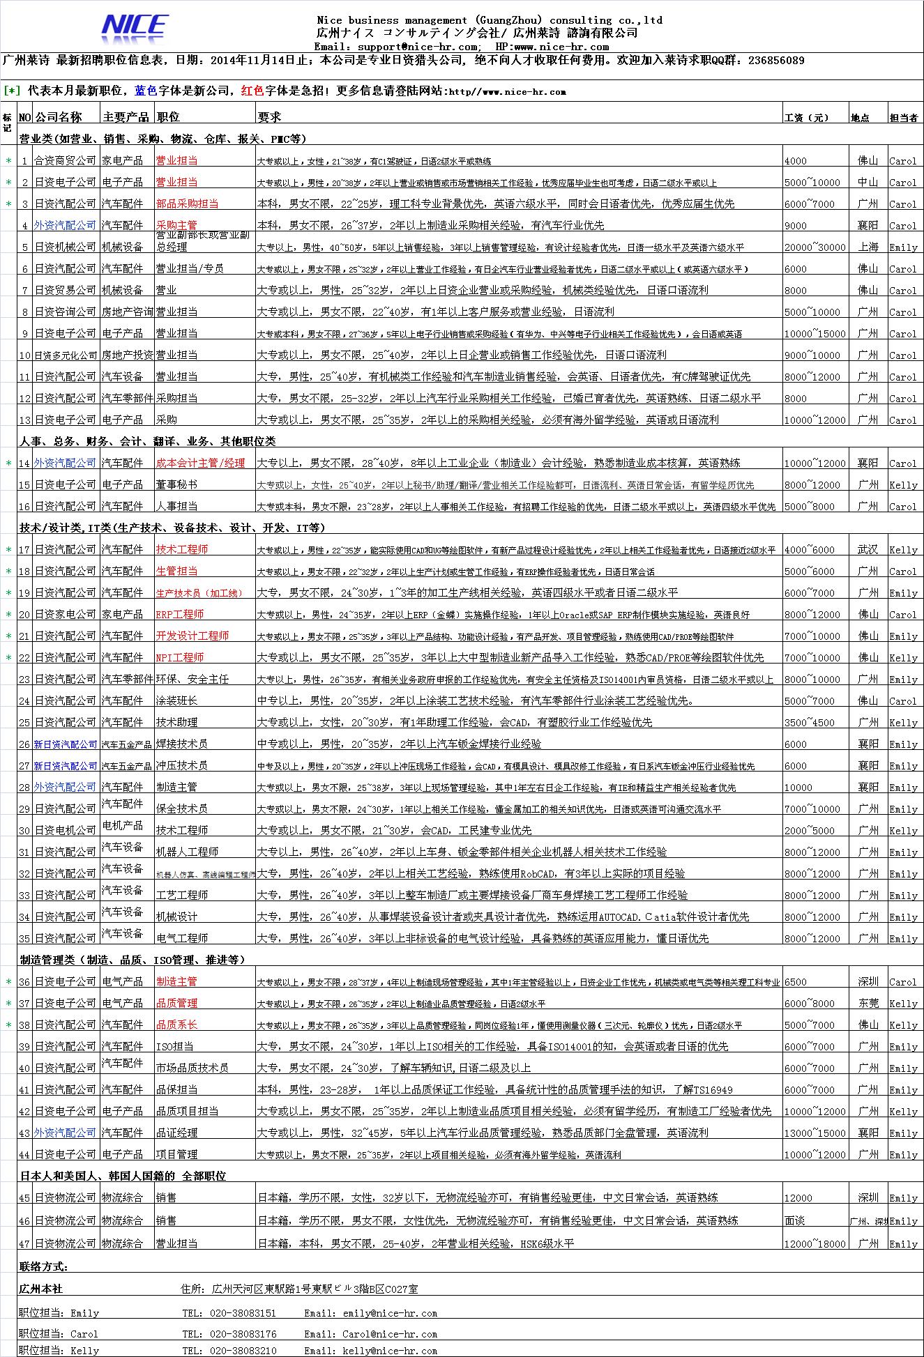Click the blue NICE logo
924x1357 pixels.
click(x=135, y=27)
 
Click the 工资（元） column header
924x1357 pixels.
click(x=806, y=117)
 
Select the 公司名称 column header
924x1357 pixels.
click(x=58, y=116)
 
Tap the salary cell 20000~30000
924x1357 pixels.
click(x=815, y=247)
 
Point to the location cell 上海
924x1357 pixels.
click(x=868, y=247)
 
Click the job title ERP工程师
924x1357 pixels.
click(x=180, y=614)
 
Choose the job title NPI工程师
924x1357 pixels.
click(x=180, y=657)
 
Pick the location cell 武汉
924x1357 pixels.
click(x=868, y=549)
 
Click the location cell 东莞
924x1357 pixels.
click(x=868, y=1003)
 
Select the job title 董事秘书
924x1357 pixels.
click(x=176, y=484)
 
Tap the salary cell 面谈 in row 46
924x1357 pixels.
click(x=795, y=1220)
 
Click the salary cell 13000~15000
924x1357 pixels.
click(x=815, y=1133)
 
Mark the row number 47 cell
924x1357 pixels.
click(x=24, y=1243)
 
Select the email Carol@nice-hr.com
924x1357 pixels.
click(x=390, y=1334)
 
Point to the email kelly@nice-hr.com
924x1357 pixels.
click(x=390, y=1351)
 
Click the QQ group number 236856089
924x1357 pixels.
click(x=775, y=61)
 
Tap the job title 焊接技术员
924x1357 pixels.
click(x=181, y=744)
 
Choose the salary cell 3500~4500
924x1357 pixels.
click(x=809, y=723)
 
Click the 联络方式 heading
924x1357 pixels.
click(x=44, y=1266)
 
